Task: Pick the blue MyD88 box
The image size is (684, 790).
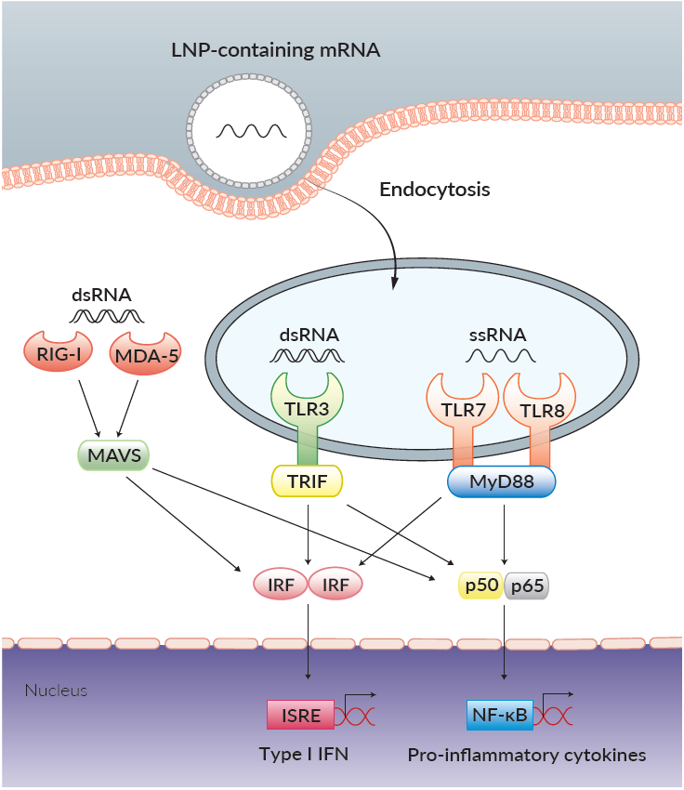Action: pyautogui.click(x=502, y=481)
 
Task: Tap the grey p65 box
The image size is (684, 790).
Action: pyautogui.click(x=526, y=586)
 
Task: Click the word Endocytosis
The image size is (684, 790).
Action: pyautogui.click(x=435, y=190)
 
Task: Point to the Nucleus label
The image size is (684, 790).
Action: pyautogui.click(x=56, y=691)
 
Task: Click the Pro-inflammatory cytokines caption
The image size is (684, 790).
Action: pyautogui.click(x=526, y=755)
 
